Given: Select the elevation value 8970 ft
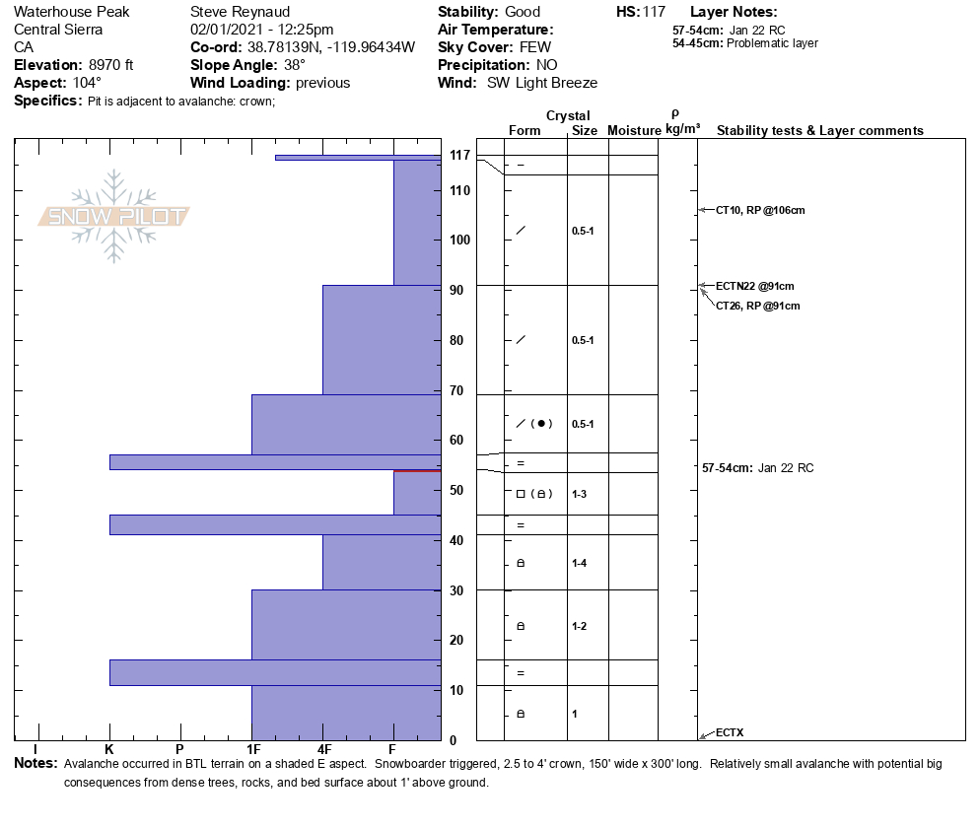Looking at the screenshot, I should coord(105,65).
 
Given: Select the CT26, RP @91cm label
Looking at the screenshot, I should coord(757,306).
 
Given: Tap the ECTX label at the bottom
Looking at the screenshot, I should coord(730,732).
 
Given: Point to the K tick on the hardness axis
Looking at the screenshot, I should coord(109,750).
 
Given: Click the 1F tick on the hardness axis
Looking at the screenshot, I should coord(252,750).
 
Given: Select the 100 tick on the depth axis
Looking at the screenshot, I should coord(458,241).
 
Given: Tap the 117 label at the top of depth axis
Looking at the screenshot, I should coord(458,156).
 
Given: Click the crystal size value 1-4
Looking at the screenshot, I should coord(582,563).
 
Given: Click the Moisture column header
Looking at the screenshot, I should coord(633,131).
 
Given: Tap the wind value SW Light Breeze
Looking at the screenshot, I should coord(541,83).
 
